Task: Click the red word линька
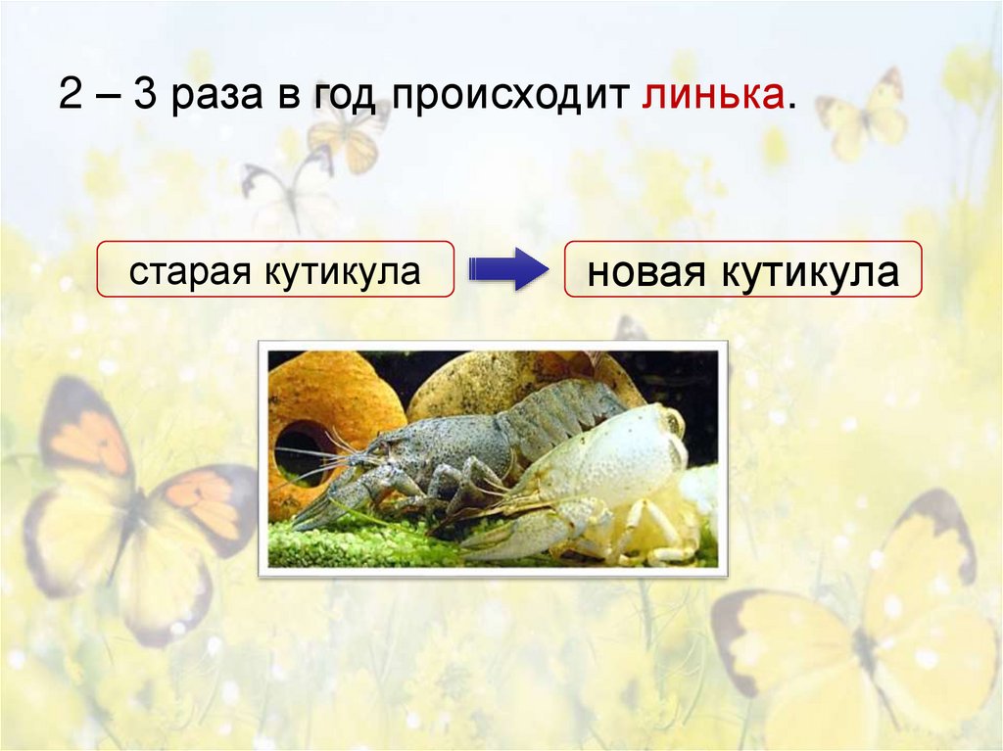pos(714,98)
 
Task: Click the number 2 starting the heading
pos(68,98)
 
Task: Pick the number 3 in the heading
pos(145,98)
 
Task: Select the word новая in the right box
pos(647,273)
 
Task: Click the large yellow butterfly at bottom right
pos(862,627)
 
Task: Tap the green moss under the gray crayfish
pos(372,543)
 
